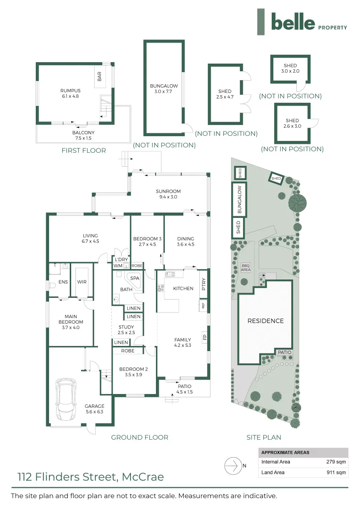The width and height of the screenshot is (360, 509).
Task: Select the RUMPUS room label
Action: pos(70,90)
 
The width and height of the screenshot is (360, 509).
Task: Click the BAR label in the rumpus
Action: pos(99,76)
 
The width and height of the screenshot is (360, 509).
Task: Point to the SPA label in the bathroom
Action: pos(135,278)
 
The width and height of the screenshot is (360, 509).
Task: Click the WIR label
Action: pos(82,282)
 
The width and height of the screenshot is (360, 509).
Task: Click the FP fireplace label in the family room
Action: pos(204,337)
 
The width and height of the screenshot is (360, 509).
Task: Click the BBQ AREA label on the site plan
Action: pos(245,267)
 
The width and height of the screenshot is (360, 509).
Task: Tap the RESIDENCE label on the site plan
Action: pos(266,320)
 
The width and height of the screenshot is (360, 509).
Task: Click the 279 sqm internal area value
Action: pos(336,462)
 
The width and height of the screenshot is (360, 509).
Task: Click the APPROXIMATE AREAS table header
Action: pos(285,452)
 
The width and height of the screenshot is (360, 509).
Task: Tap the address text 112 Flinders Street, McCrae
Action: pos(90,477)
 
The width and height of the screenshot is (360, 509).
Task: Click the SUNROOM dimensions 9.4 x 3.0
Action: pos(168,197)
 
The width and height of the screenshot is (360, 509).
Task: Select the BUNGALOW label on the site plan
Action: pos(239,198)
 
